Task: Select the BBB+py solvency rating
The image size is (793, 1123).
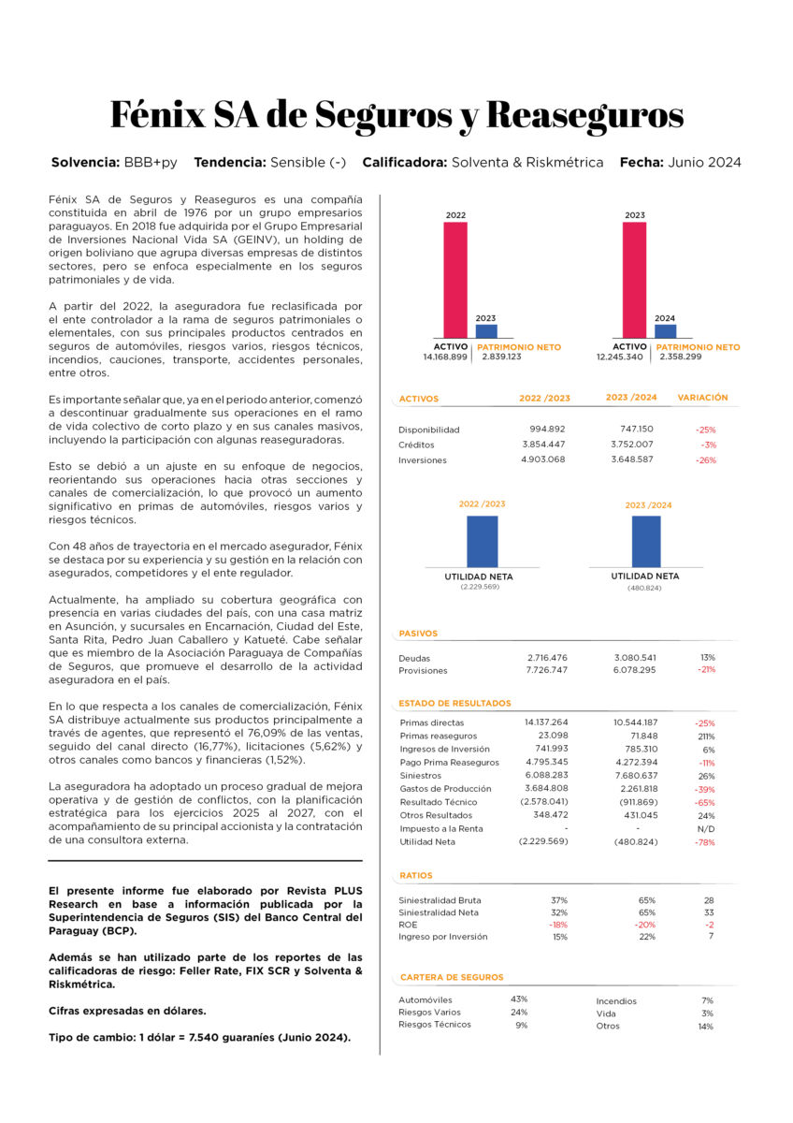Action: pos(151,162)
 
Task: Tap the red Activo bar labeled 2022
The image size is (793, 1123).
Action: pos(455,281)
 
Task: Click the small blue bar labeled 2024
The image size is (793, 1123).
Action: pos(665,331)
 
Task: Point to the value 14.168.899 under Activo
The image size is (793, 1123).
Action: pos(445,357)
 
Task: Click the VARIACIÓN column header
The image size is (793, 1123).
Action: pos(702,398)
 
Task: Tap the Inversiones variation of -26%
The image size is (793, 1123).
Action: pos(706,460)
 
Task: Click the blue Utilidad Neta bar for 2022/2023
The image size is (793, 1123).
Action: pos(482,541)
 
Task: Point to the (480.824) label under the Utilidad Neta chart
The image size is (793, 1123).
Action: pos(644,588)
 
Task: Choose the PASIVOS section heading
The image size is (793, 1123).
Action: pos(418,634)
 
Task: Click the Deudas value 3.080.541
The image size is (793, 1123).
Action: pos(635,658)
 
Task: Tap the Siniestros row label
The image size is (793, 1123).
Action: pos(420,776)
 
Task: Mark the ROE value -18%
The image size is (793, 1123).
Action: pos(558,925)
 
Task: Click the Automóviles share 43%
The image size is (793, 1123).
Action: pos(519,999)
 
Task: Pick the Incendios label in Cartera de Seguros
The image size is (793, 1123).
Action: pos(616,1001)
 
